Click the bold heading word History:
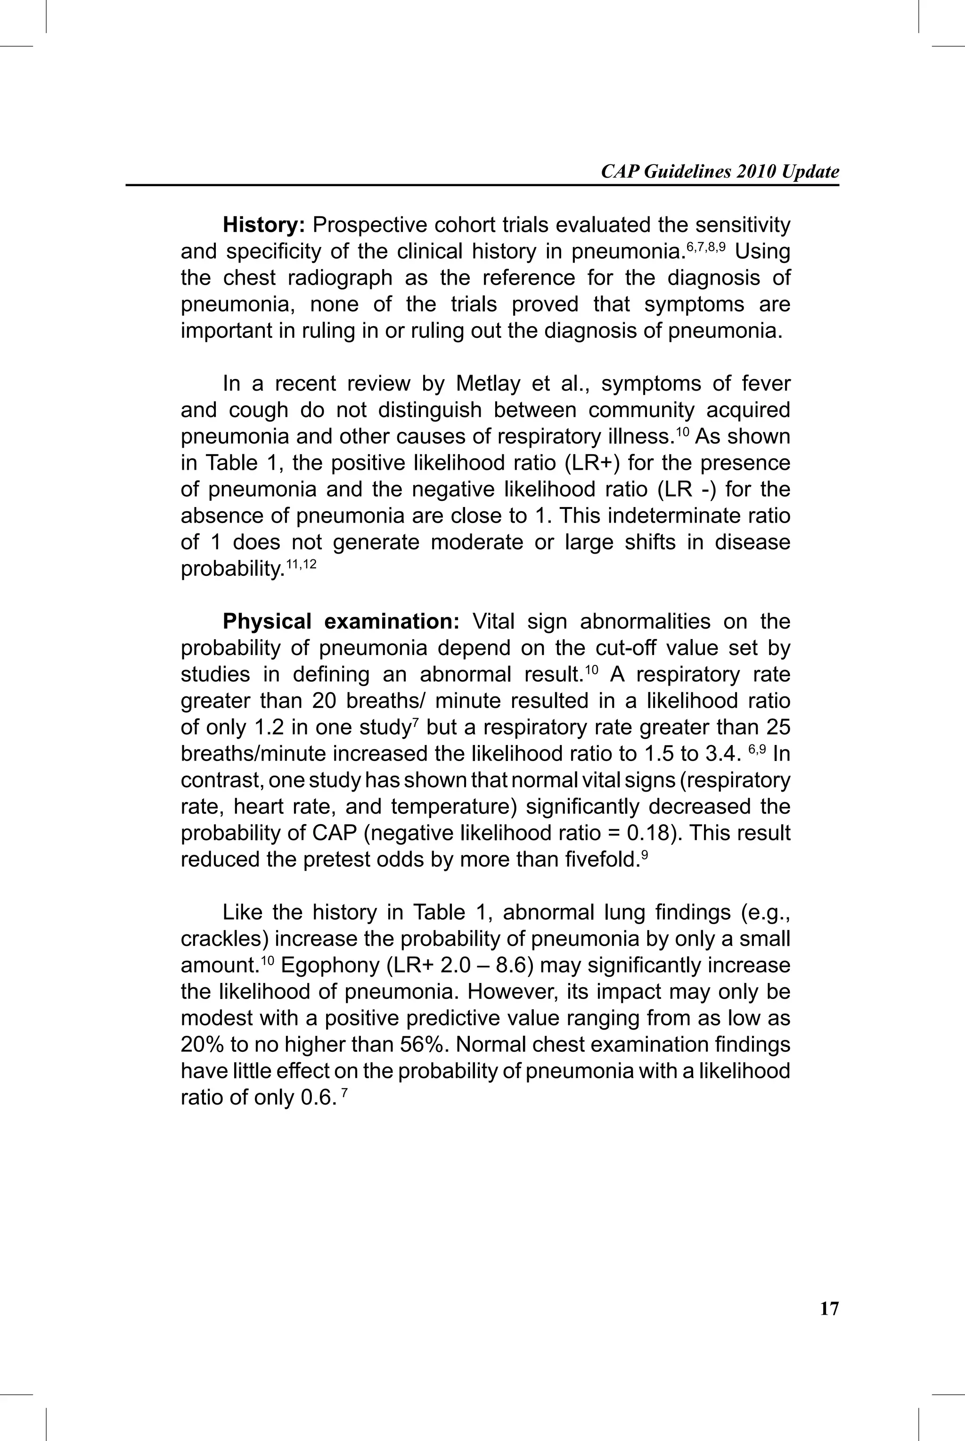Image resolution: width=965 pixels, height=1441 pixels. pos(263,225)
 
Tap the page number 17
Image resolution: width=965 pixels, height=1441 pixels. pos(829,1309)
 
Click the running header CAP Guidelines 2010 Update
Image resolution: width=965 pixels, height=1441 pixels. pos(720,172)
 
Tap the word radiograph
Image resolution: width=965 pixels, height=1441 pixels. pos(340,278)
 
